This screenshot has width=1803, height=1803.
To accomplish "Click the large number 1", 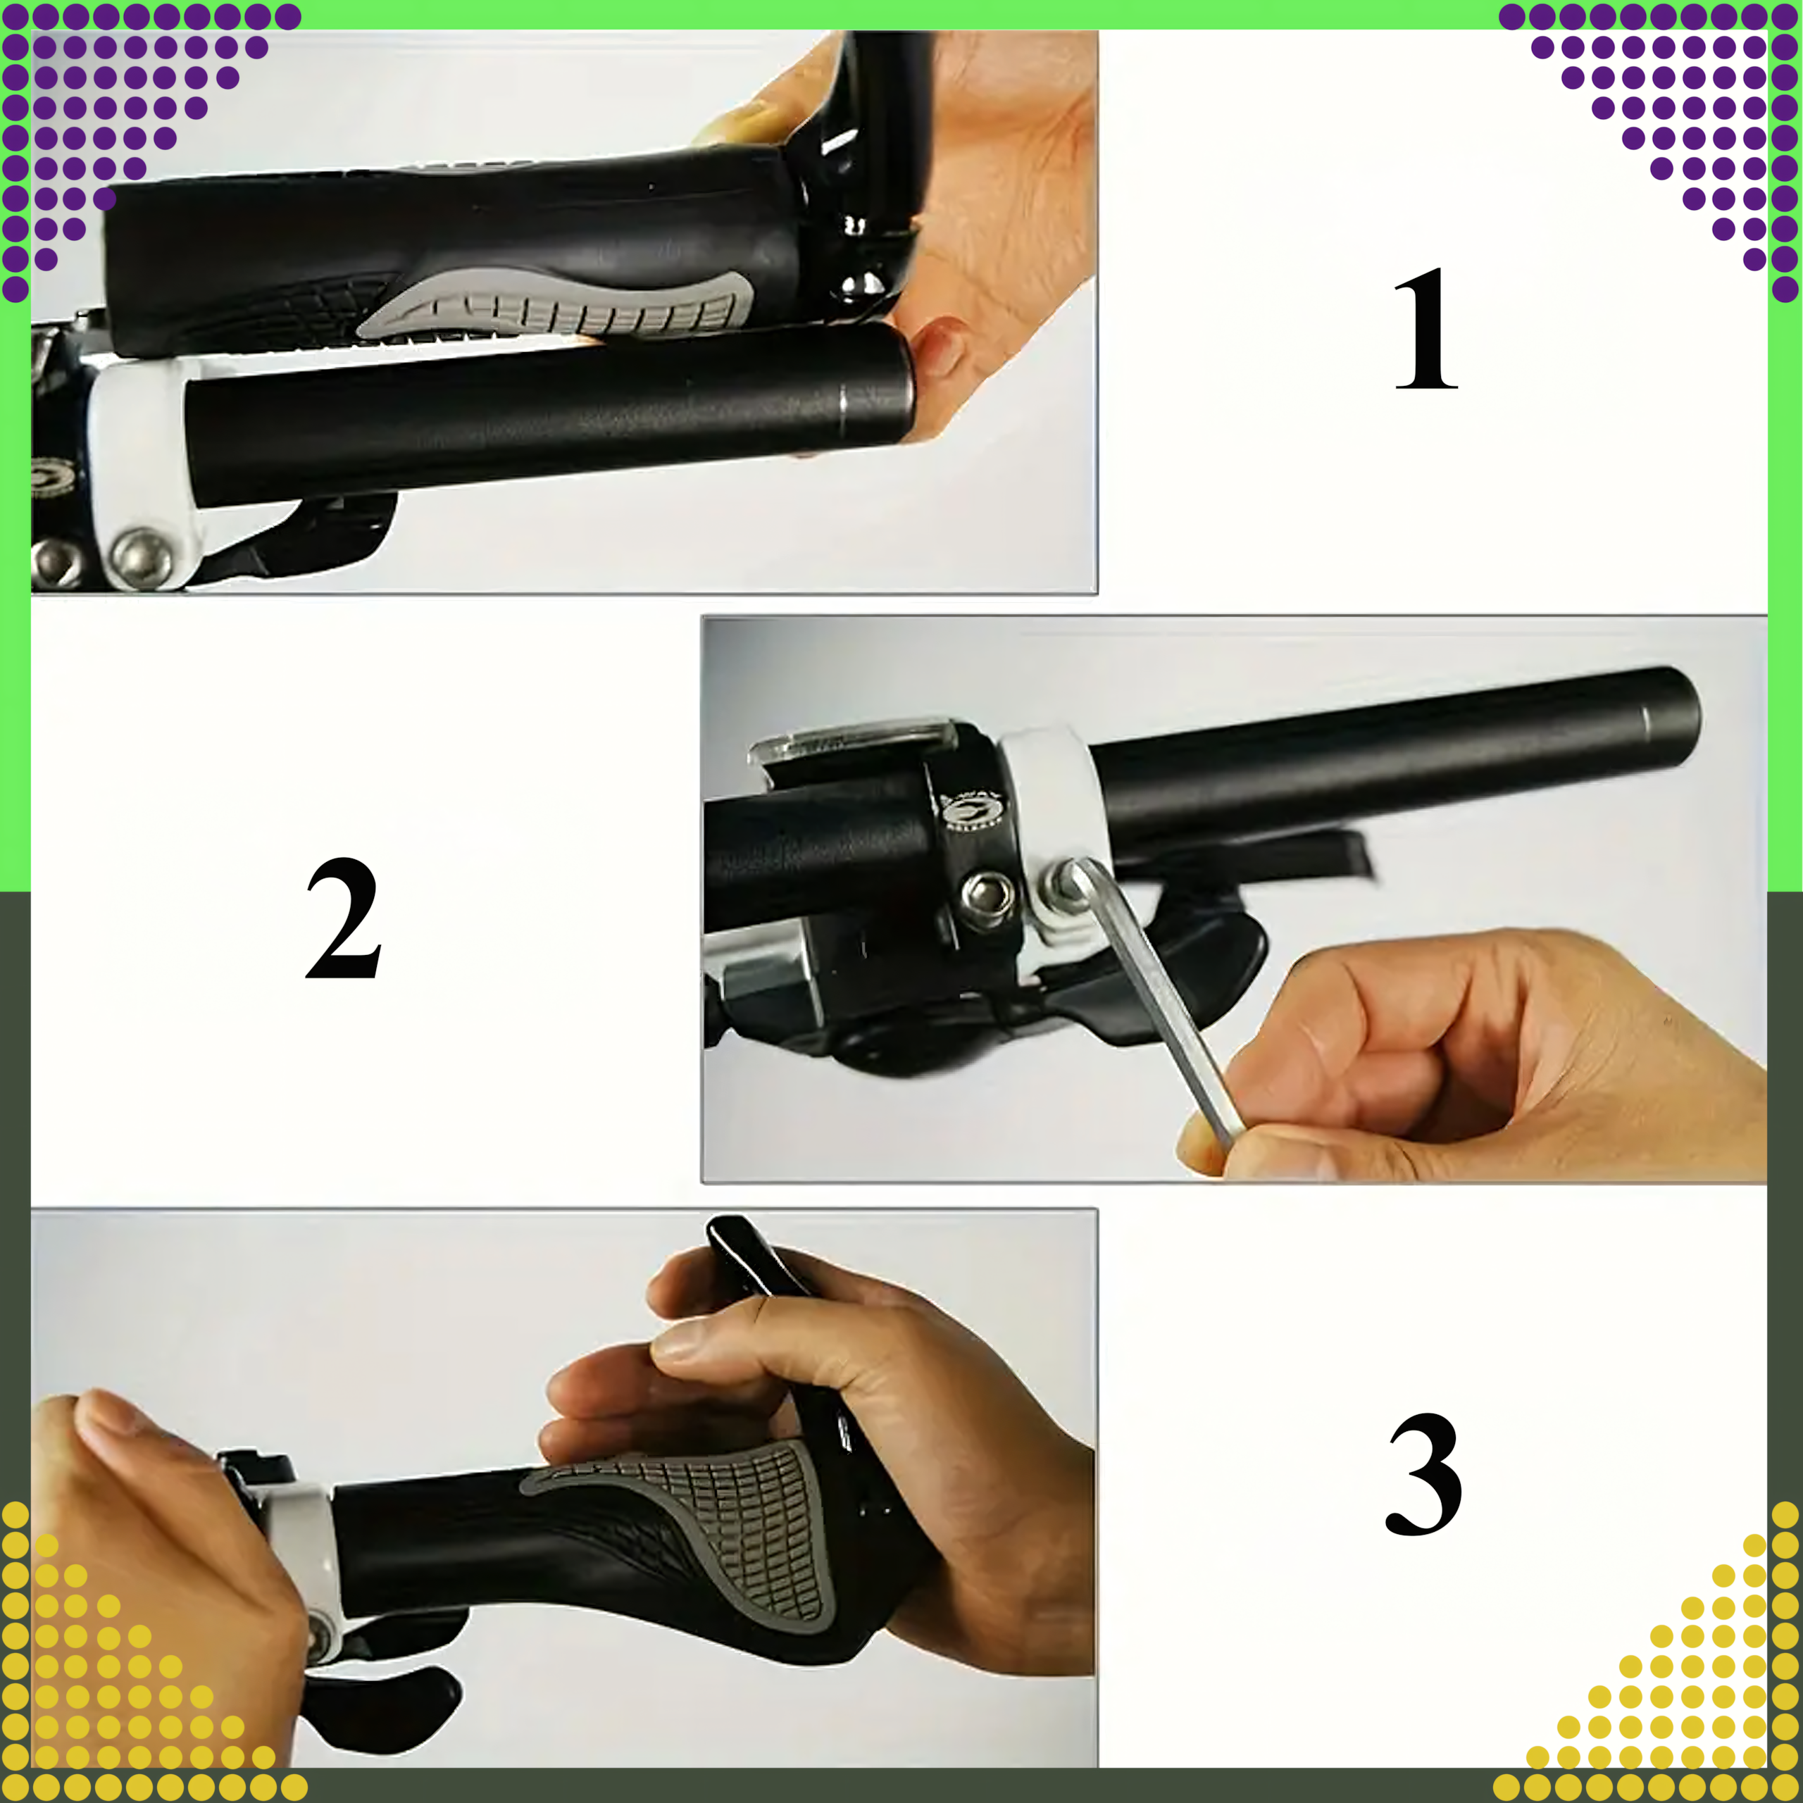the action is click(x=1425, y=328).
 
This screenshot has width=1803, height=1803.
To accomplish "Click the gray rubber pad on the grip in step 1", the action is click(x=560, y=304).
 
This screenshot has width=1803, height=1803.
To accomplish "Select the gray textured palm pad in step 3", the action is click(x=709, y=1521).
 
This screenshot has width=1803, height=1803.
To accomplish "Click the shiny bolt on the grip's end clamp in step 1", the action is click(x=864, y=284).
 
